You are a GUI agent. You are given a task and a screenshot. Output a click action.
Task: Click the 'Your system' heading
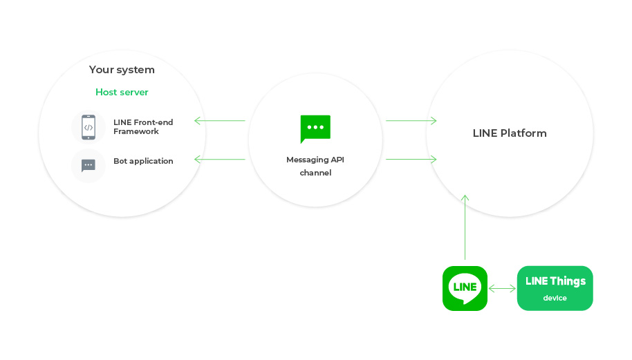122,70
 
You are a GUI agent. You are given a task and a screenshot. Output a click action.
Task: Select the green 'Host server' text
122,92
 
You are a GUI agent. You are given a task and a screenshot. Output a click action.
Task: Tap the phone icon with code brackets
89,127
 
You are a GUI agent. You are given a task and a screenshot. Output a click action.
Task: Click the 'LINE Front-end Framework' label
143,127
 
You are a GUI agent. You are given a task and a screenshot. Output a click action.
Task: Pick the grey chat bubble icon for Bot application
89,165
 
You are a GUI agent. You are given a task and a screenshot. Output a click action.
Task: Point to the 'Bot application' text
143,161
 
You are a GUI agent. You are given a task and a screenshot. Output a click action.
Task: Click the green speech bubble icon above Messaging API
315,129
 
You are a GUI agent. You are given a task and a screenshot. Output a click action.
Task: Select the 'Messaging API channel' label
315,167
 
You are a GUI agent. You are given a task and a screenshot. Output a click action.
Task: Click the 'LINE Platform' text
510,133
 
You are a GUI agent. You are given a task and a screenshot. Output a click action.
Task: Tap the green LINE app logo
465,288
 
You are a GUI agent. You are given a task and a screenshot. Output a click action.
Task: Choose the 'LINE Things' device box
555,288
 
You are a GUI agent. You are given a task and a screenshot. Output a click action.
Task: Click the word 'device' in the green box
555,299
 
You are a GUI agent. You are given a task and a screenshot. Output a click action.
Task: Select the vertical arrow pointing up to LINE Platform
465,228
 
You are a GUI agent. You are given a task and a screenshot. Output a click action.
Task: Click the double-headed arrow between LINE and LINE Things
502,288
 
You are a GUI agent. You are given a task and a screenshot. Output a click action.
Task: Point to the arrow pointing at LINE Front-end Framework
220,121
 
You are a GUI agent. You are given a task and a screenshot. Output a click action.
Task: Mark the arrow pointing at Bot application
220,160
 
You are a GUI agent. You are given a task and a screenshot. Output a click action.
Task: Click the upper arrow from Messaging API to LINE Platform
411,121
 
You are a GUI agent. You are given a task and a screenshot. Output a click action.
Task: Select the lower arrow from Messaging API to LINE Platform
411,160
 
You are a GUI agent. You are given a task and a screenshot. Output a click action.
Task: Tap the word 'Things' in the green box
568,281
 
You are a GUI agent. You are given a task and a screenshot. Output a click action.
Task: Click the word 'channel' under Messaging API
315,173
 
